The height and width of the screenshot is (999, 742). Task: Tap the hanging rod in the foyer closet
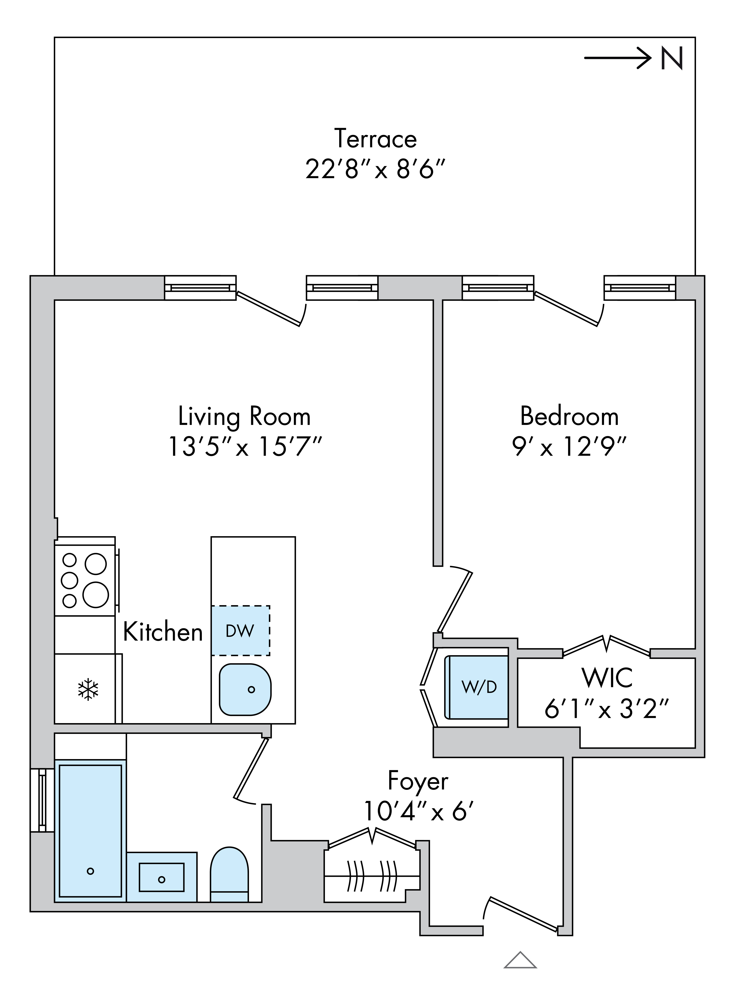point(372,876)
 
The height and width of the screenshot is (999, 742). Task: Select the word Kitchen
point(163,632)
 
